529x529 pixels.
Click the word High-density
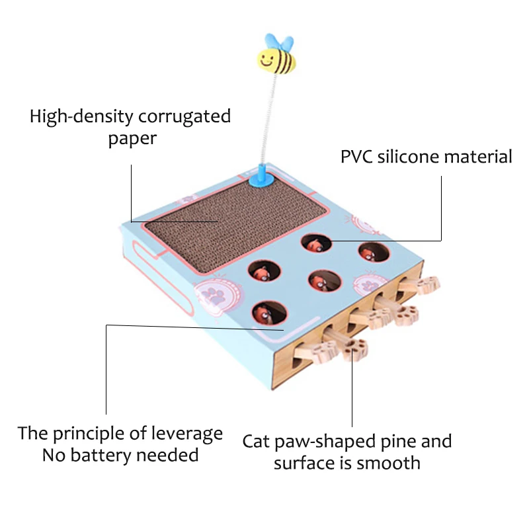81,118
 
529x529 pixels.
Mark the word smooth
389,462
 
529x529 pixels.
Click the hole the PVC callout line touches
315,243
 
